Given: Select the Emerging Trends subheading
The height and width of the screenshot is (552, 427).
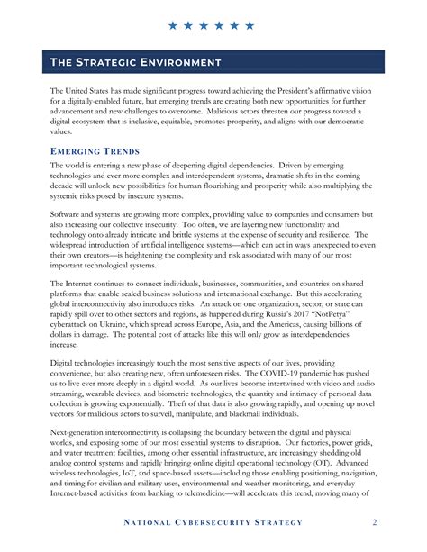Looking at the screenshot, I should (94, 150).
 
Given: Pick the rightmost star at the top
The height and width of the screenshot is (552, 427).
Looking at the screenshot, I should (249, 25).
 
